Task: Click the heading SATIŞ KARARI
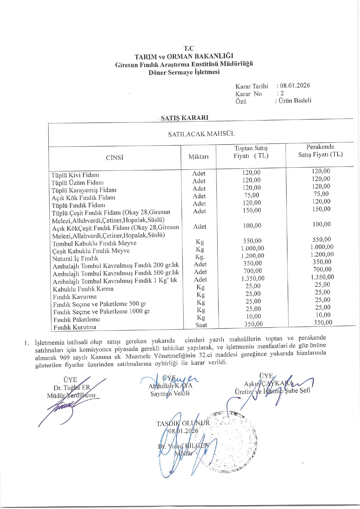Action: pyautogui.click(x=185, y=118)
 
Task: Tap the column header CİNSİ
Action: pyautogui.click(x=115, y=158)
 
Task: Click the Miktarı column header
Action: pyautogui.click(x=199, y=157)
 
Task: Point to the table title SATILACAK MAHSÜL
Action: pyautogui.click(x=201, y=134)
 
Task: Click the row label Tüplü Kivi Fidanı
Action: pyautogui.click(x=75, y=175)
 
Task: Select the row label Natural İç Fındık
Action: pyautogui.click(x=75, y=258)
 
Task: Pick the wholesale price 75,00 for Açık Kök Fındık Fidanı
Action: pyautogui.click(x=251, y=195)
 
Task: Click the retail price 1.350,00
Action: pyautogui.click(x=322, y=277)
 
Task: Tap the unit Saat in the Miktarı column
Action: pyautogui.click(x=201, y=325)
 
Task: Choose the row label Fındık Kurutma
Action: pyautogui.click(x=75, y=327)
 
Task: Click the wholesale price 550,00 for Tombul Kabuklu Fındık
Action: pyautogui.click(x=252, y=241)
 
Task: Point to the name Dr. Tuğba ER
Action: pyautogui.click(x=72, y=388)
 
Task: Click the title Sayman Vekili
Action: pyautogui.click(x=170, y=394)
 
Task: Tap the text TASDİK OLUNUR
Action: pyautogui.click(x=183, y=423)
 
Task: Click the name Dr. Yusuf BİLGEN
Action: pyautogui.click(x=183, y=445)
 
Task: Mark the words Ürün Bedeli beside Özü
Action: pyautogui.click(x=295, y=100)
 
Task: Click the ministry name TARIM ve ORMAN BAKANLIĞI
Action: pyautogui.click(x=184, y=56)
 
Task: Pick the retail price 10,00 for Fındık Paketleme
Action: pyautogui.click(x=323, y=315)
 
